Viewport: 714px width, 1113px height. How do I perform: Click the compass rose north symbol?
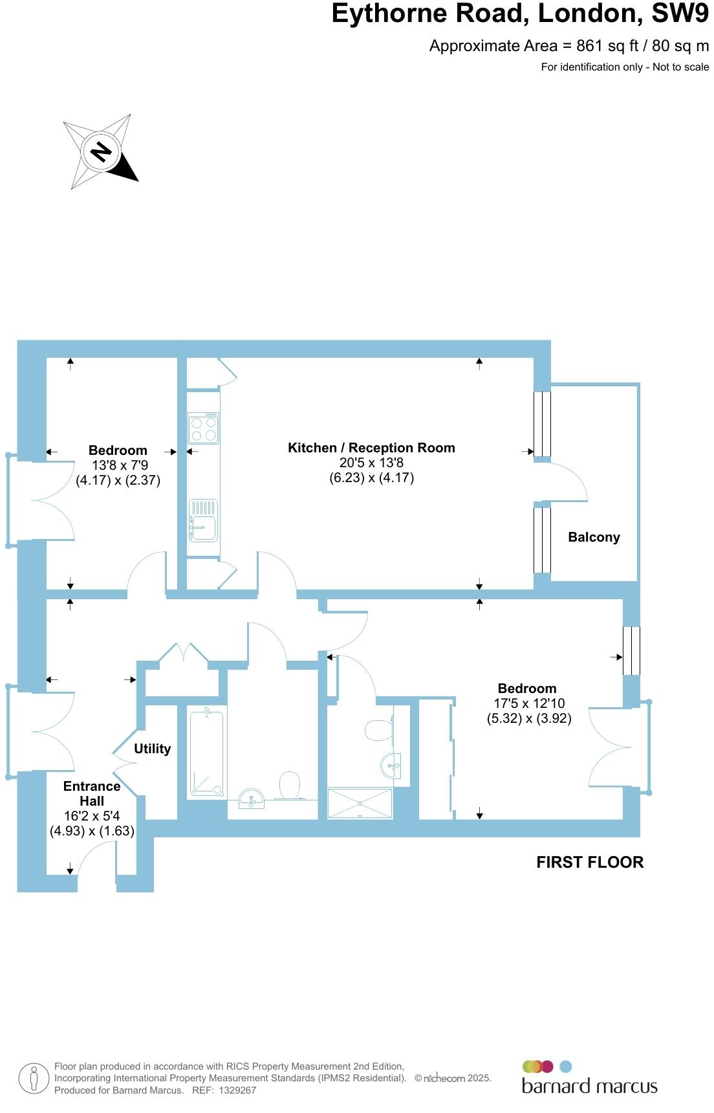coord(100,151)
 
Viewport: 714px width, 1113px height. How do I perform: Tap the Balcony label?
coord(594,537)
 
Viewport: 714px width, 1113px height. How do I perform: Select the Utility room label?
coord(152,749)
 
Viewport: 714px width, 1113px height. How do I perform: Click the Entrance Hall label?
coord(92,793)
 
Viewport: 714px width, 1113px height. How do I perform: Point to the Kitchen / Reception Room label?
coord(371,448)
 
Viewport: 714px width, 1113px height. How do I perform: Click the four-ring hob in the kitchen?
coord(203,428)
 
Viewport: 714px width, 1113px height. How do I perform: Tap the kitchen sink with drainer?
coord(203,520)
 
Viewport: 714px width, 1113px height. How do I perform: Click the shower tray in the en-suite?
coord(360,803)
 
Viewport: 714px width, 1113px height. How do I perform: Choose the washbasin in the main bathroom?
coord(252,798)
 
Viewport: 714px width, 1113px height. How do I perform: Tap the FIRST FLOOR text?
coord(590,863)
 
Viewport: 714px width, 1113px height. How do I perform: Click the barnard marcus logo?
coord(589,1077)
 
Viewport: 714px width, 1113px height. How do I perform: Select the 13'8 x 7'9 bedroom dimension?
coord(120,465)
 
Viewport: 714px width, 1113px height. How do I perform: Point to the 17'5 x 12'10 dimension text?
coord(529,703)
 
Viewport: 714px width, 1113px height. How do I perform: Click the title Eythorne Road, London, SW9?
coord(521,14)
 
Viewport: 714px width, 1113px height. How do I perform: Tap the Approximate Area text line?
coord(569,46)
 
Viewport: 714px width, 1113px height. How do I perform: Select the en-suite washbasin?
coord(393,765)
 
